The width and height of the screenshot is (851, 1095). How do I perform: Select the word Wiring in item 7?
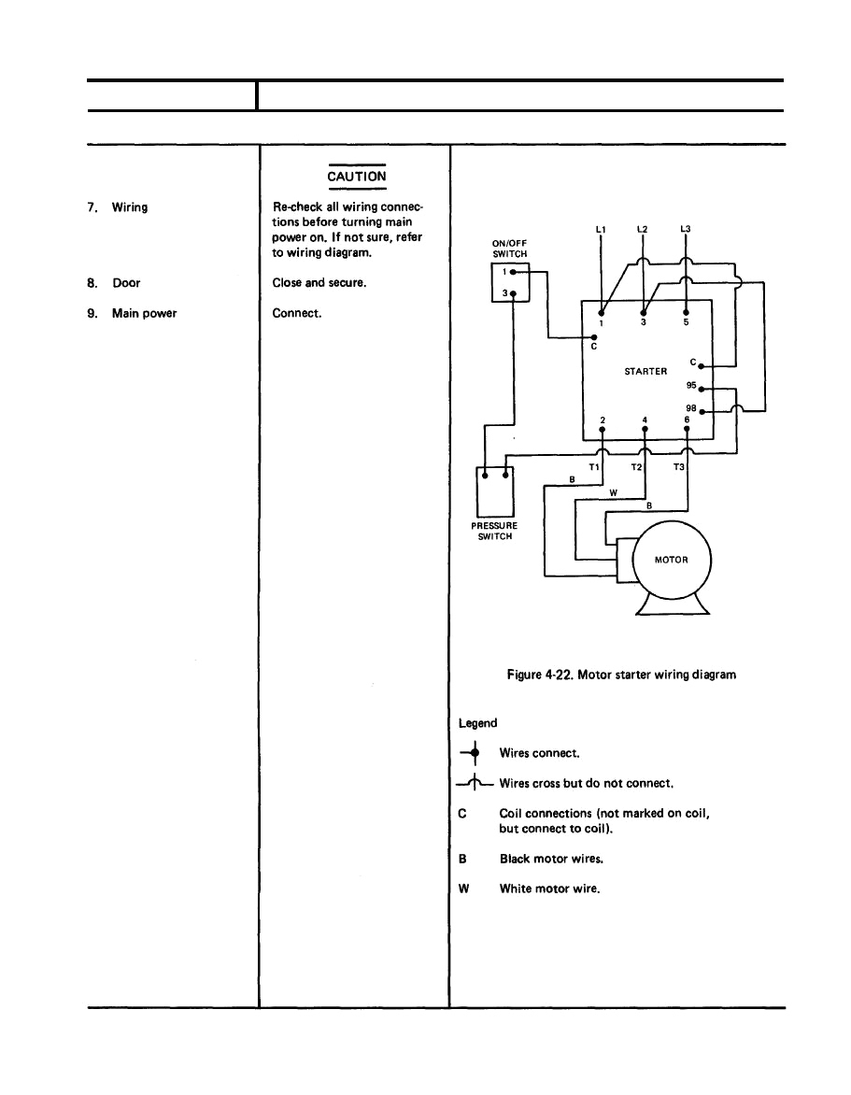[129, 207]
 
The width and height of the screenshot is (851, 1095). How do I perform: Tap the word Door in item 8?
[126, 283]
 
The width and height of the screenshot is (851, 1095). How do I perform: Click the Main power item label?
[144, 313]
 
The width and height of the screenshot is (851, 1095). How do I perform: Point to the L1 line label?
[600, 228]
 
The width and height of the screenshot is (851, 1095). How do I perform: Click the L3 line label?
[686, 228]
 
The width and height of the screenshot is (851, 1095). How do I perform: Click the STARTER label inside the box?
[645, 371]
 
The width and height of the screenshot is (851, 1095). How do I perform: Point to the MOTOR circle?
[672, 561]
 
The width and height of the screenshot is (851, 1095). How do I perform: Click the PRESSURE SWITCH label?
[494, 532]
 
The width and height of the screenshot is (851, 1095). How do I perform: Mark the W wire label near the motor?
[612, 492]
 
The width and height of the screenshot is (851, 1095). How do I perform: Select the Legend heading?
[477, 723]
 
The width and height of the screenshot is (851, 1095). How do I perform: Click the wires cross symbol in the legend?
[475, 783]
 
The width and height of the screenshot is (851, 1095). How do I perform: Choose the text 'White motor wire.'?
[549, 888]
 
